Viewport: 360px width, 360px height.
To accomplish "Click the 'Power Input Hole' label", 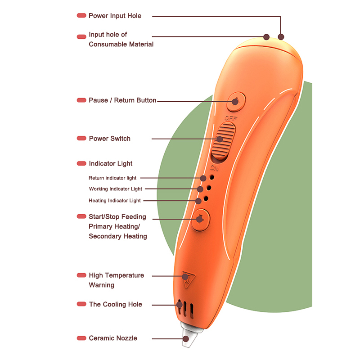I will click(x=115, y=16).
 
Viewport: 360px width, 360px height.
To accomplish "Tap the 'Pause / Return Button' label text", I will click(x=122, y=100).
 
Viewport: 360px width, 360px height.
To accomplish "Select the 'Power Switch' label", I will click(x=109, y=139).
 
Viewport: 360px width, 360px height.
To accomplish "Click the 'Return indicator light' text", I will click(x=112, y=178).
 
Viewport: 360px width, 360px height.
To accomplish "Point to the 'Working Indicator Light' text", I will click(x=116, y=189).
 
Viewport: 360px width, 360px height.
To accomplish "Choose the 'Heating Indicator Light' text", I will click(x=115, y=200).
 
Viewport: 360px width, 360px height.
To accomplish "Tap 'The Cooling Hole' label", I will click(x=115, y=304).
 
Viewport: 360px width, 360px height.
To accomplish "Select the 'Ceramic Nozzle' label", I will click(x=113, y=338).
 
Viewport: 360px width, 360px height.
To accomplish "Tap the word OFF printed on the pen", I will click(x=231, y=118).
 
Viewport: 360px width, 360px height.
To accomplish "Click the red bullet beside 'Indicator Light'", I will click(x=81, y=164).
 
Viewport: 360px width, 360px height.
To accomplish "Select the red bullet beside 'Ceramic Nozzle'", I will click(x=81, y=338).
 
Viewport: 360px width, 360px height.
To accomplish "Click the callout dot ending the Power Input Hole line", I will click(x=282, y=37).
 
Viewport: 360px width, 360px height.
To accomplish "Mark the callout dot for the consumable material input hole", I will click(x=266, y=36).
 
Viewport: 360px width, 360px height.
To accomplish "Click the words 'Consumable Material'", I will click(x=121, y=44).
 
